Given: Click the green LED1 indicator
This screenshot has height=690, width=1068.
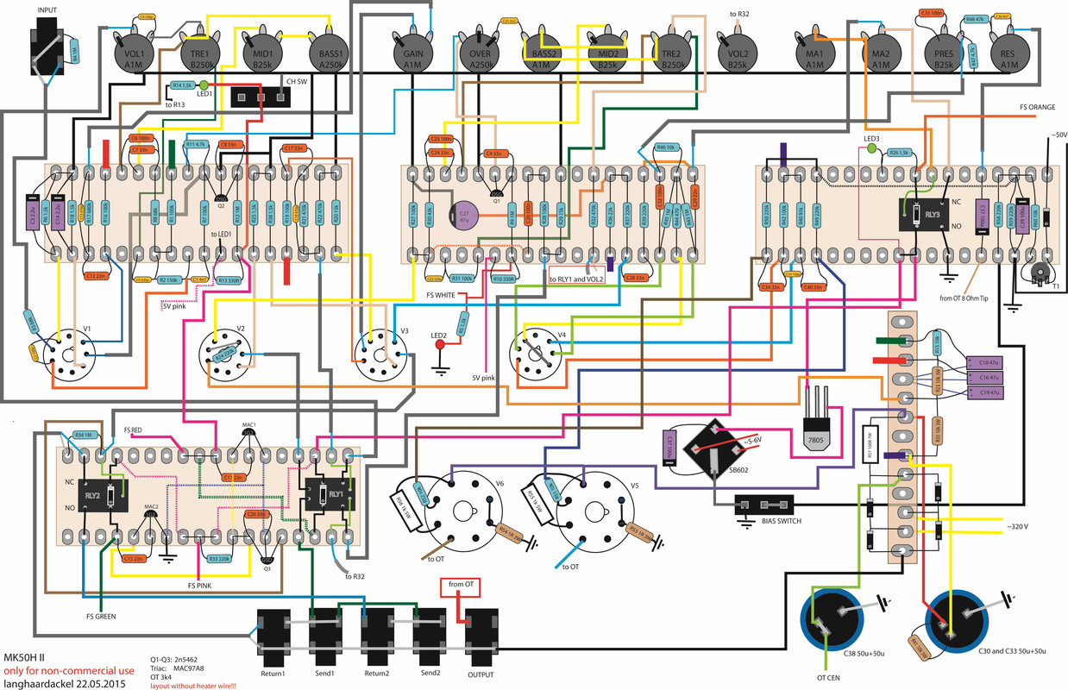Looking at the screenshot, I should click(204, 85).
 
